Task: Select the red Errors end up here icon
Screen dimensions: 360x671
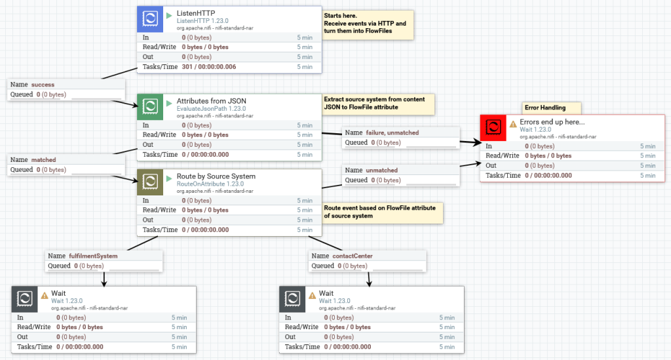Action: [493, 127]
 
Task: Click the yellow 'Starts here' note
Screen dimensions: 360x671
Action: [368, 24]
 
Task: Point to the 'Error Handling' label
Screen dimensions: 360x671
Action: [545, 107]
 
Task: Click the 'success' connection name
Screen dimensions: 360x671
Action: [43, 85]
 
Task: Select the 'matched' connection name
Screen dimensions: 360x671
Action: [43, 159]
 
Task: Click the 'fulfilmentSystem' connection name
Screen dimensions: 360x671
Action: [92, 256]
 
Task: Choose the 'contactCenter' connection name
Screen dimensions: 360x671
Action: [353, 256]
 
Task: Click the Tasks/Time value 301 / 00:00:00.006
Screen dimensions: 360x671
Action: [209, 67]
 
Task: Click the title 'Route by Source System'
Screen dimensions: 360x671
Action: [216, 176]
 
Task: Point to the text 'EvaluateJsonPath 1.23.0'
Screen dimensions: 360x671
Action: [211, 108]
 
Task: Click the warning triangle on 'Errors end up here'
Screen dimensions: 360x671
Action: [513, 123]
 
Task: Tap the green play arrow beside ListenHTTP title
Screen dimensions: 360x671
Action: [169, 14]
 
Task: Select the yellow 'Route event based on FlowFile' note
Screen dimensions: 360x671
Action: [381, 211]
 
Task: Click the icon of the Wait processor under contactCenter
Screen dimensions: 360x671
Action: [292, 298]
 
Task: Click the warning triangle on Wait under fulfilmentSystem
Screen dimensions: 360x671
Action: [45, 296]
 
